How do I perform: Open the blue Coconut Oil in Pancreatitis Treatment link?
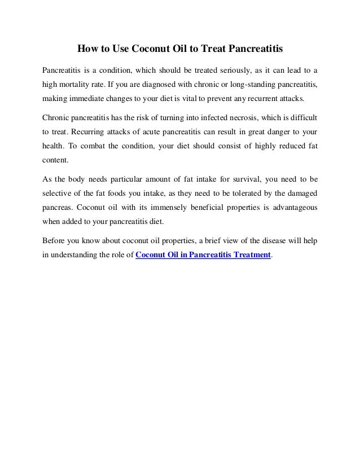pyautogui.click(x=204, y=256)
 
